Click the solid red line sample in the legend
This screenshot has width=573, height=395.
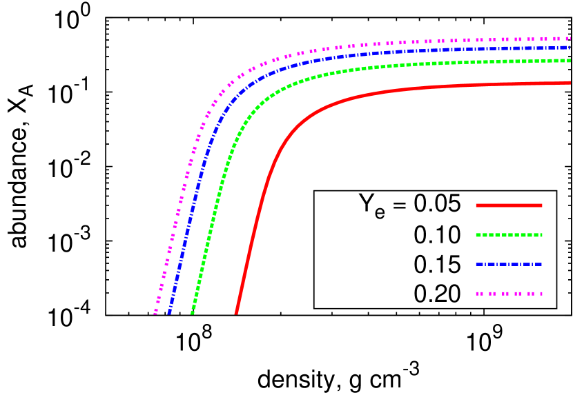pyautogui.click(x=509, y=205)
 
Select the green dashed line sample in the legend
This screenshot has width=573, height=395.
pyautogui.click(x=509, y=235)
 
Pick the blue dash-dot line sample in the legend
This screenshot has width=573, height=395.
pyautogui.click(x=509, y=264)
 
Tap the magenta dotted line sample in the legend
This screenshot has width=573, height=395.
pyautogui.click(x=509, y=294)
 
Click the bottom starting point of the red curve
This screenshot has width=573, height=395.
pyautogui.click(x=236, y=312)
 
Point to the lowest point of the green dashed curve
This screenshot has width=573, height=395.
pyautogui.click(x=193, y=312)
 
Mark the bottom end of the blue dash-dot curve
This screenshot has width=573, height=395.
pyautogui.click(x=170, y=312)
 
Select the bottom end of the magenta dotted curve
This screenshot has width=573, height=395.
pyautogui.click(x=155, y=312)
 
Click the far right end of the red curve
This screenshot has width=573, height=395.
pyautogui.click(x=570, y=83)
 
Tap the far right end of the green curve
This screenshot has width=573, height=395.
pyautogui.click(x=570, y=61)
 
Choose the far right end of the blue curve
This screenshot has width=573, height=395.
pyautogui.click(x=570, y=48)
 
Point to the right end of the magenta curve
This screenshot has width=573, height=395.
pyautogui.click(x=570, y=39)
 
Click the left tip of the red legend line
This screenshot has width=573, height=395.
pyautogui.click(x=477, y=205)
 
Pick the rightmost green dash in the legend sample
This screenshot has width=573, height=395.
pyautogui.click(x=540, y=235)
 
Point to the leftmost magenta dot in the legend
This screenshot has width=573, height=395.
pyautogui.click(x=478, y=294)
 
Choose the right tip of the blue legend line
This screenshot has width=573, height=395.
pyautogui.click(x=541, y=264)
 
